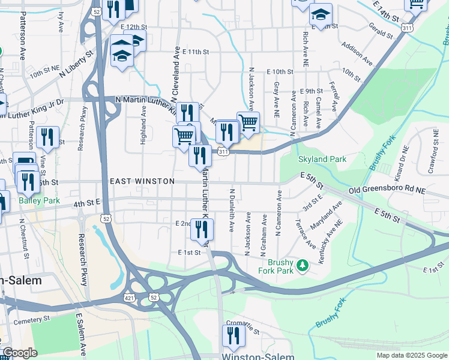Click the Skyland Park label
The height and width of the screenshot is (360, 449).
[322, 159]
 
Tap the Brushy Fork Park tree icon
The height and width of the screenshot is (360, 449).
[303, 264]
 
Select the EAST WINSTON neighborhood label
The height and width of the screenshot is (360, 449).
[142, 181]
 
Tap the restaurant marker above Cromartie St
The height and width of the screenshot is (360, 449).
[232, 336]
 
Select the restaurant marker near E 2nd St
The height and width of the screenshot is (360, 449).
[202, 229]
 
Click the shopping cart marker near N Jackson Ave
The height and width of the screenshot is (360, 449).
[248, 123]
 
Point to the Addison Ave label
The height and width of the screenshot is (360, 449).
[359, 52]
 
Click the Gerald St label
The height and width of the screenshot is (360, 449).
[381, 30]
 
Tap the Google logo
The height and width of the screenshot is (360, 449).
[20, 353]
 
